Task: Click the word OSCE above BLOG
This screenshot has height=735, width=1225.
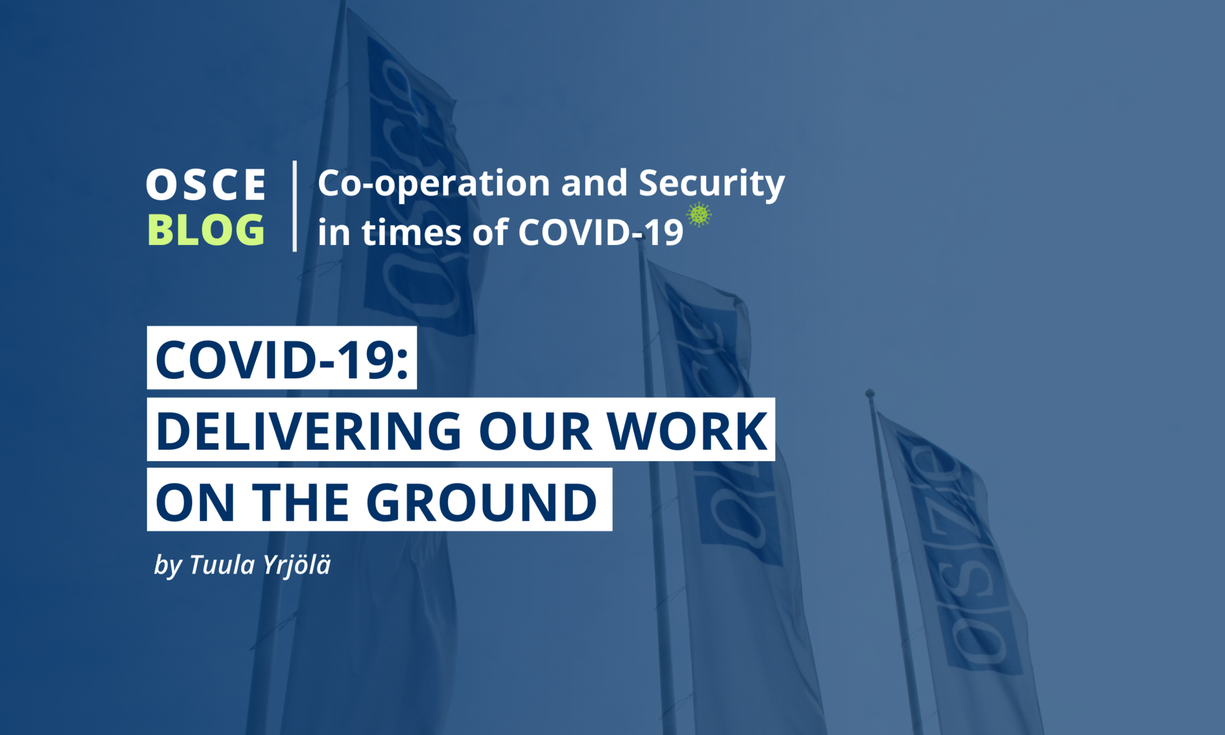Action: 205,185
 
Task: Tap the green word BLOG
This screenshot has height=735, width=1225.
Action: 205,230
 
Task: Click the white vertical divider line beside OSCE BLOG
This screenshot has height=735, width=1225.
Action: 294,206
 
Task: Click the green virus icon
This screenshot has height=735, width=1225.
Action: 699,215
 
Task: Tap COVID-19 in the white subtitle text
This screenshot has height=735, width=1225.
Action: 600,232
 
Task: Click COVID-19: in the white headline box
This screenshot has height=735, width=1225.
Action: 281,360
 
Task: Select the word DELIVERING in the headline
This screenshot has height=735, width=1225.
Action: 308,431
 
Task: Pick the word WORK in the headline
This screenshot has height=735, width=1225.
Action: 687,431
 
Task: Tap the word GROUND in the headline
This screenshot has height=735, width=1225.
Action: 482,502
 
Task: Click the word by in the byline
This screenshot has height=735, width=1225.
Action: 168,566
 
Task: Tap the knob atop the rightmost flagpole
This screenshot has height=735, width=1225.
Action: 870,393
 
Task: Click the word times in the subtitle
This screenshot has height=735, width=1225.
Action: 412,232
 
